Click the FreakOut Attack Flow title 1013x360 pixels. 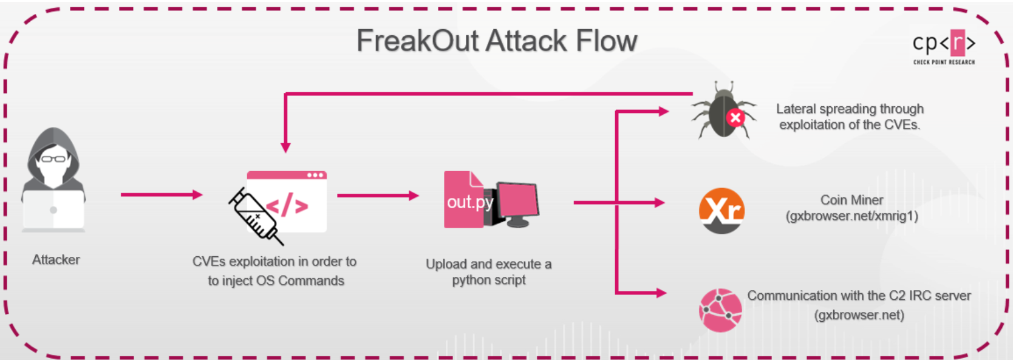pos(497,41)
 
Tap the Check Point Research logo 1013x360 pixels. pos(944,47)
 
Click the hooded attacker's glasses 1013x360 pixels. pos(53,158)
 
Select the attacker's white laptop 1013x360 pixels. pos(53,209)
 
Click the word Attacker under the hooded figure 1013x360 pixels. pos(56,260)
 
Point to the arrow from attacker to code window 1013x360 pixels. pos(162,195)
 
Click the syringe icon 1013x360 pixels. pos(256,216)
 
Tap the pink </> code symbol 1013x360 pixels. pos(287,205)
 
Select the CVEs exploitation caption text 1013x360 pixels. pos(275,271)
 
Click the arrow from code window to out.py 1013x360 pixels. pos(378,195)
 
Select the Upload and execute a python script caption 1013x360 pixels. pos(489,272)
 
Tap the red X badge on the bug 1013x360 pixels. pos(736,118)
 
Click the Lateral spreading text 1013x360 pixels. pos(850,117)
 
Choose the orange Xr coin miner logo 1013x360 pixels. pos(721,211)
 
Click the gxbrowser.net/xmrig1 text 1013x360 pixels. pos(852,216)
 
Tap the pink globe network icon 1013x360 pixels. pos(720,310)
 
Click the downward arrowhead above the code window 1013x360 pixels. pos(285,148)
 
